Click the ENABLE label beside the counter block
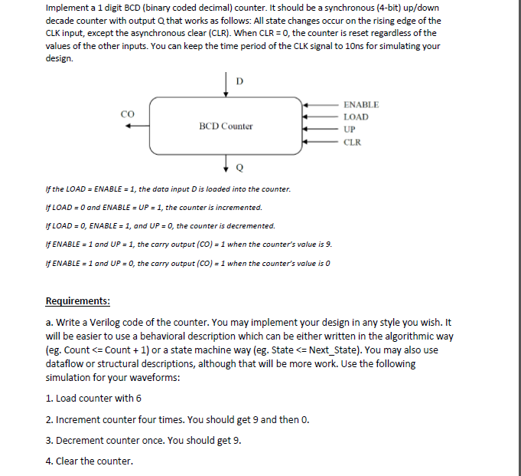(x=361, y=104)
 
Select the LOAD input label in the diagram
(x=356, y=117)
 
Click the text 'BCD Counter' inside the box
(x=226, y=126)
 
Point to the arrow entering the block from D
(x=226, y=86)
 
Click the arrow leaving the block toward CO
(x=138, y=127)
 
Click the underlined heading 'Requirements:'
(x=78, y=300)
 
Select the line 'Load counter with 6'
(x=94, y=398)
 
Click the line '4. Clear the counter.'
(x=90, y=461)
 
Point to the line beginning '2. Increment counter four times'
(x=177, y=419)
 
